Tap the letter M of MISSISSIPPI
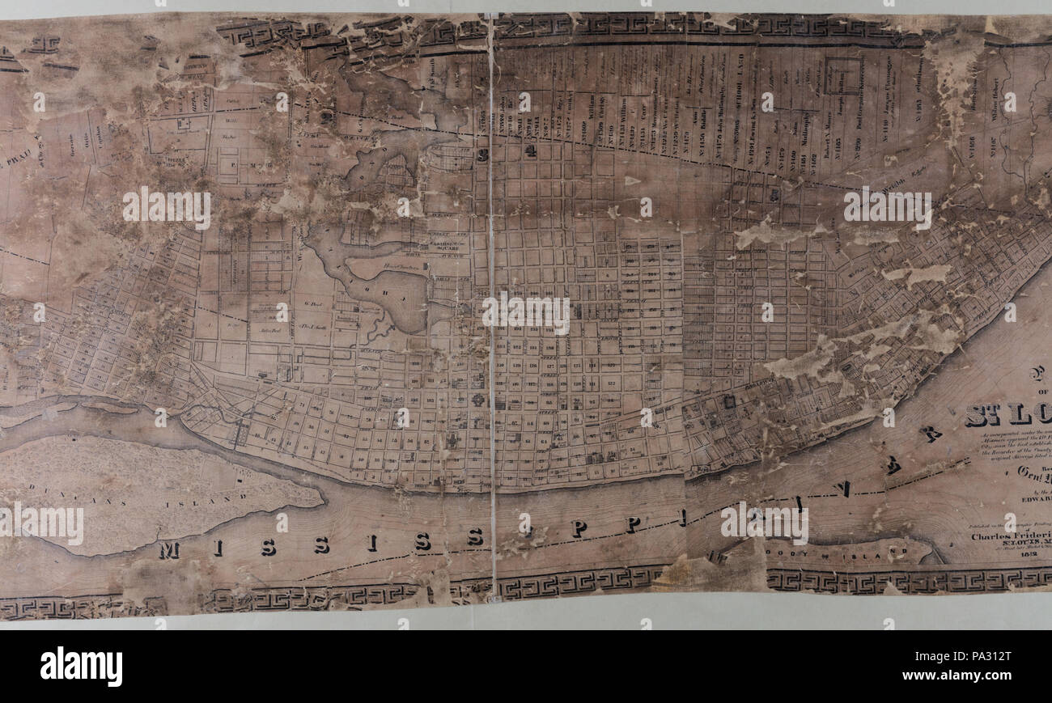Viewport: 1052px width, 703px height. pyautogui.click(x=168, y=551)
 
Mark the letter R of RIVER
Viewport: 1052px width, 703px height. pyautogui.click(x=933, y=435)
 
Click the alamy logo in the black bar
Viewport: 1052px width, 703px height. pyautogui.click(x=81, y=667)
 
